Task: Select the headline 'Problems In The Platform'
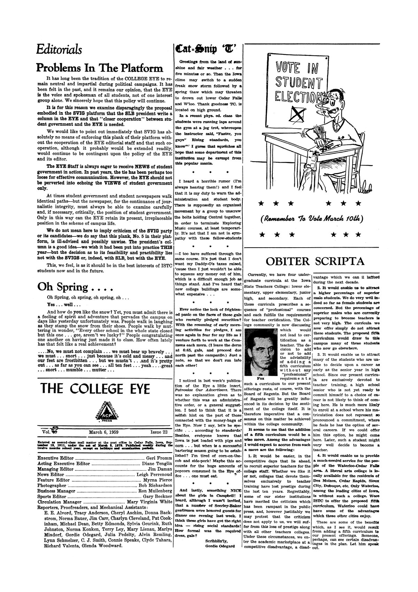coord(100,68)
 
